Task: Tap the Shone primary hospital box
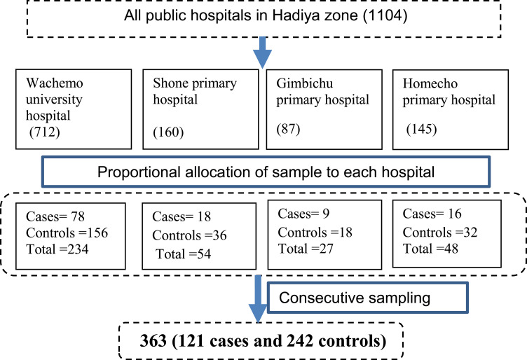196,109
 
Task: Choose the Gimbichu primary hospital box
323,109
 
